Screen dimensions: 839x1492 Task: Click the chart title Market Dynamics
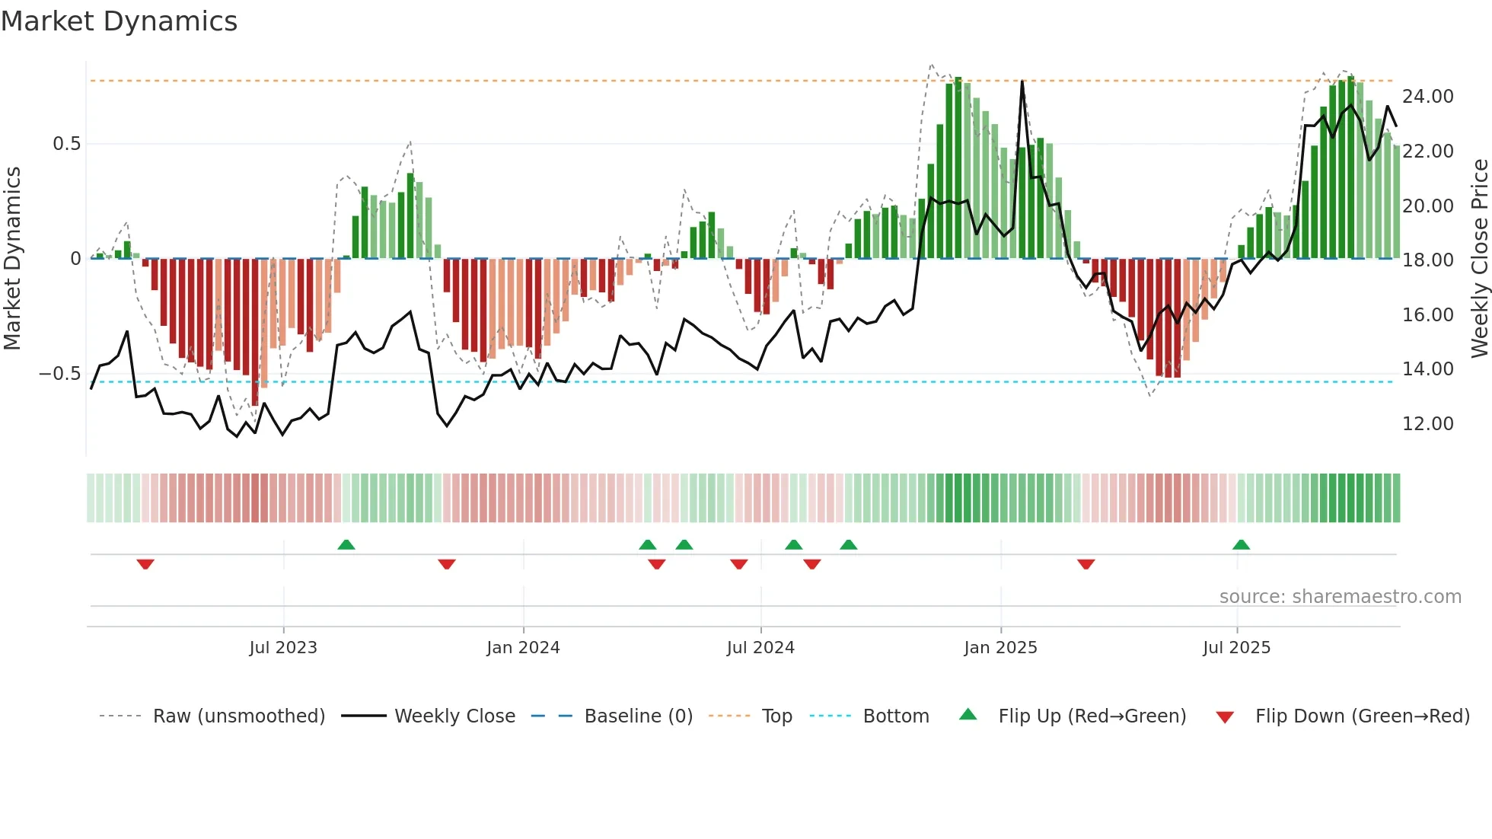tap(119, 21)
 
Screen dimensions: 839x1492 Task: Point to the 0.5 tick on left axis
tap(66, 144)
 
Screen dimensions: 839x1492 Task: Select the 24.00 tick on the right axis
tap(1427, 97)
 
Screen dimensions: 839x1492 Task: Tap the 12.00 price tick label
tap(1427, 424)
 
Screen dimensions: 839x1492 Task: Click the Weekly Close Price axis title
tap(1479, 258)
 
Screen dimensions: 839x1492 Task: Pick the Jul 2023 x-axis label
tap(283, 648)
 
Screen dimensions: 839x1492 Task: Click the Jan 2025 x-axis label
tap(1000, 648)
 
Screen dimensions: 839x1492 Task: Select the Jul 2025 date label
tap(1236, 648)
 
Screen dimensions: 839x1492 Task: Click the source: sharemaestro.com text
tap(1340, 597)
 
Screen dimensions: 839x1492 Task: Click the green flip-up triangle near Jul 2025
tap(1241, 544)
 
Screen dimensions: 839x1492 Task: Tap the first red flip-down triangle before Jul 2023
tap(145, 564)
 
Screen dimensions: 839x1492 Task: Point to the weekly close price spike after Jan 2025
tap(1022, 82)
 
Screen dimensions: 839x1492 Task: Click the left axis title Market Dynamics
tap(12, 258)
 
